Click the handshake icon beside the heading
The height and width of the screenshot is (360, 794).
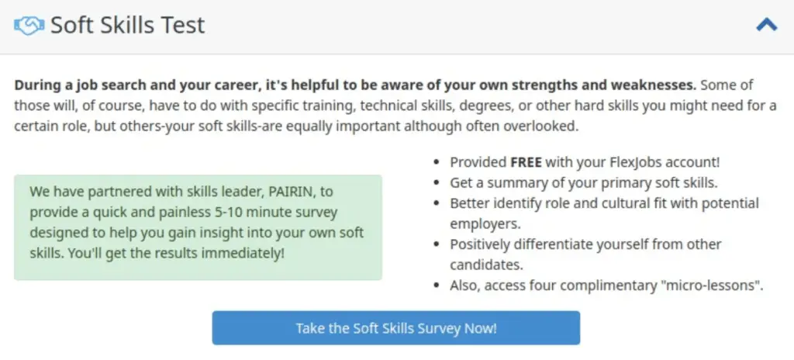coord(29,26)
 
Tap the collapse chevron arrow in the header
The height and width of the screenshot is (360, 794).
coord(766,25)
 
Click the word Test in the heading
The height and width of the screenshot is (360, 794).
coord(185,25)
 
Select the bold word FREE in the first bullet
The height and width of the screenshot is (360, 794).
coord(526,162)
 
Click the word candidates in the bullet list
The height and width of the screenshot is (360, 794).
coord(486,265)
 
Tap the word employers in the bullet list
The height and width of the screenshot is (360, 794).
coord(485,224)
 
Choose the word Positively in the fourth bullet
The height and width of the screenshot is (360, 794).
coord(480,244)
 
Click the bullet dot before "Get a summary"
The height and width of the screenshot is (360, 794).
coord(437,183)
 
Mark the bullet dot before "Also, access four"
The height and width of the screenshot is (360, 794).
coord(437,286)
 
